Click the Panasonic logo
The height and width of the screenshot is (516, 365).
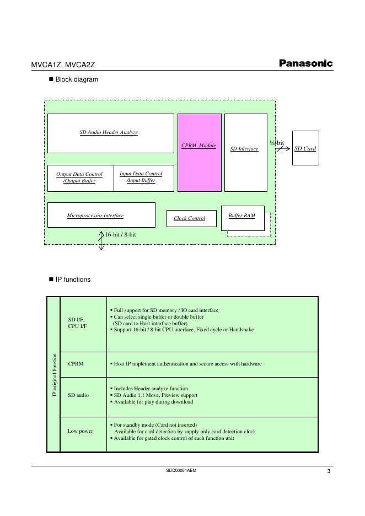click(305, 63)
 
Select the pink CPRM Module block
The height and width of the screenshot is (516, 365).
click(200, 152)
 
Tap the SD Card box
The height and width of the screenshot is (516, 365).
click(305, 148)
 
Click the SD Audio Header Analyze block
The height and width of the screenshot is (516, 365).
click(110, 133)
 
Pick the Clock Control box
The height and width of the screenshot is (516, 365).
click(189, 218)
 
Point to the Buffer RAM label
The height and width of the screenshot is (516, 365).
click(242, 216)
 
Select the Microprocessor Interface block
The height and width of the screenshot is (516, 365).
click(101, 215)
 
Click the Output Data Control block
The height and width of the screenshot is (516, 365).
click(80, 178)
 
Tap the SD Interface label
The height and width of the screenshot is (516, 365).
click(244, 149)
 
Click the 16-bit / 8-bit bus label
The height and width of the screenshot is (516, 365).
click(121, 235)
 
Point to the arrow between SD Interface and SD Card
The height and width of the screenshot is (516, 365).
click(283, 148)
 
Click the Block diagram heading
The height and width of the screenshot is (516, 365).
click(77, 79)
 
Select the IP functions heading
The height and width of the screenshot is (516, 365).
click(73, 279)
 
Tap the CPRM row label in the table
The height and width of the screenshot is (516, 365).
click(76, 364)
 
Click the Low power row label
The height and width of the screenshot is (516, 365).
click(80, 431)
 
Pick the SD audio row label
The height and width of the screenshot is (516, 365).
click(78, 395)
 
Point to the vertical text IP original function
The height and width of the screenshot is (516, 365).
click(54, 375)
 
